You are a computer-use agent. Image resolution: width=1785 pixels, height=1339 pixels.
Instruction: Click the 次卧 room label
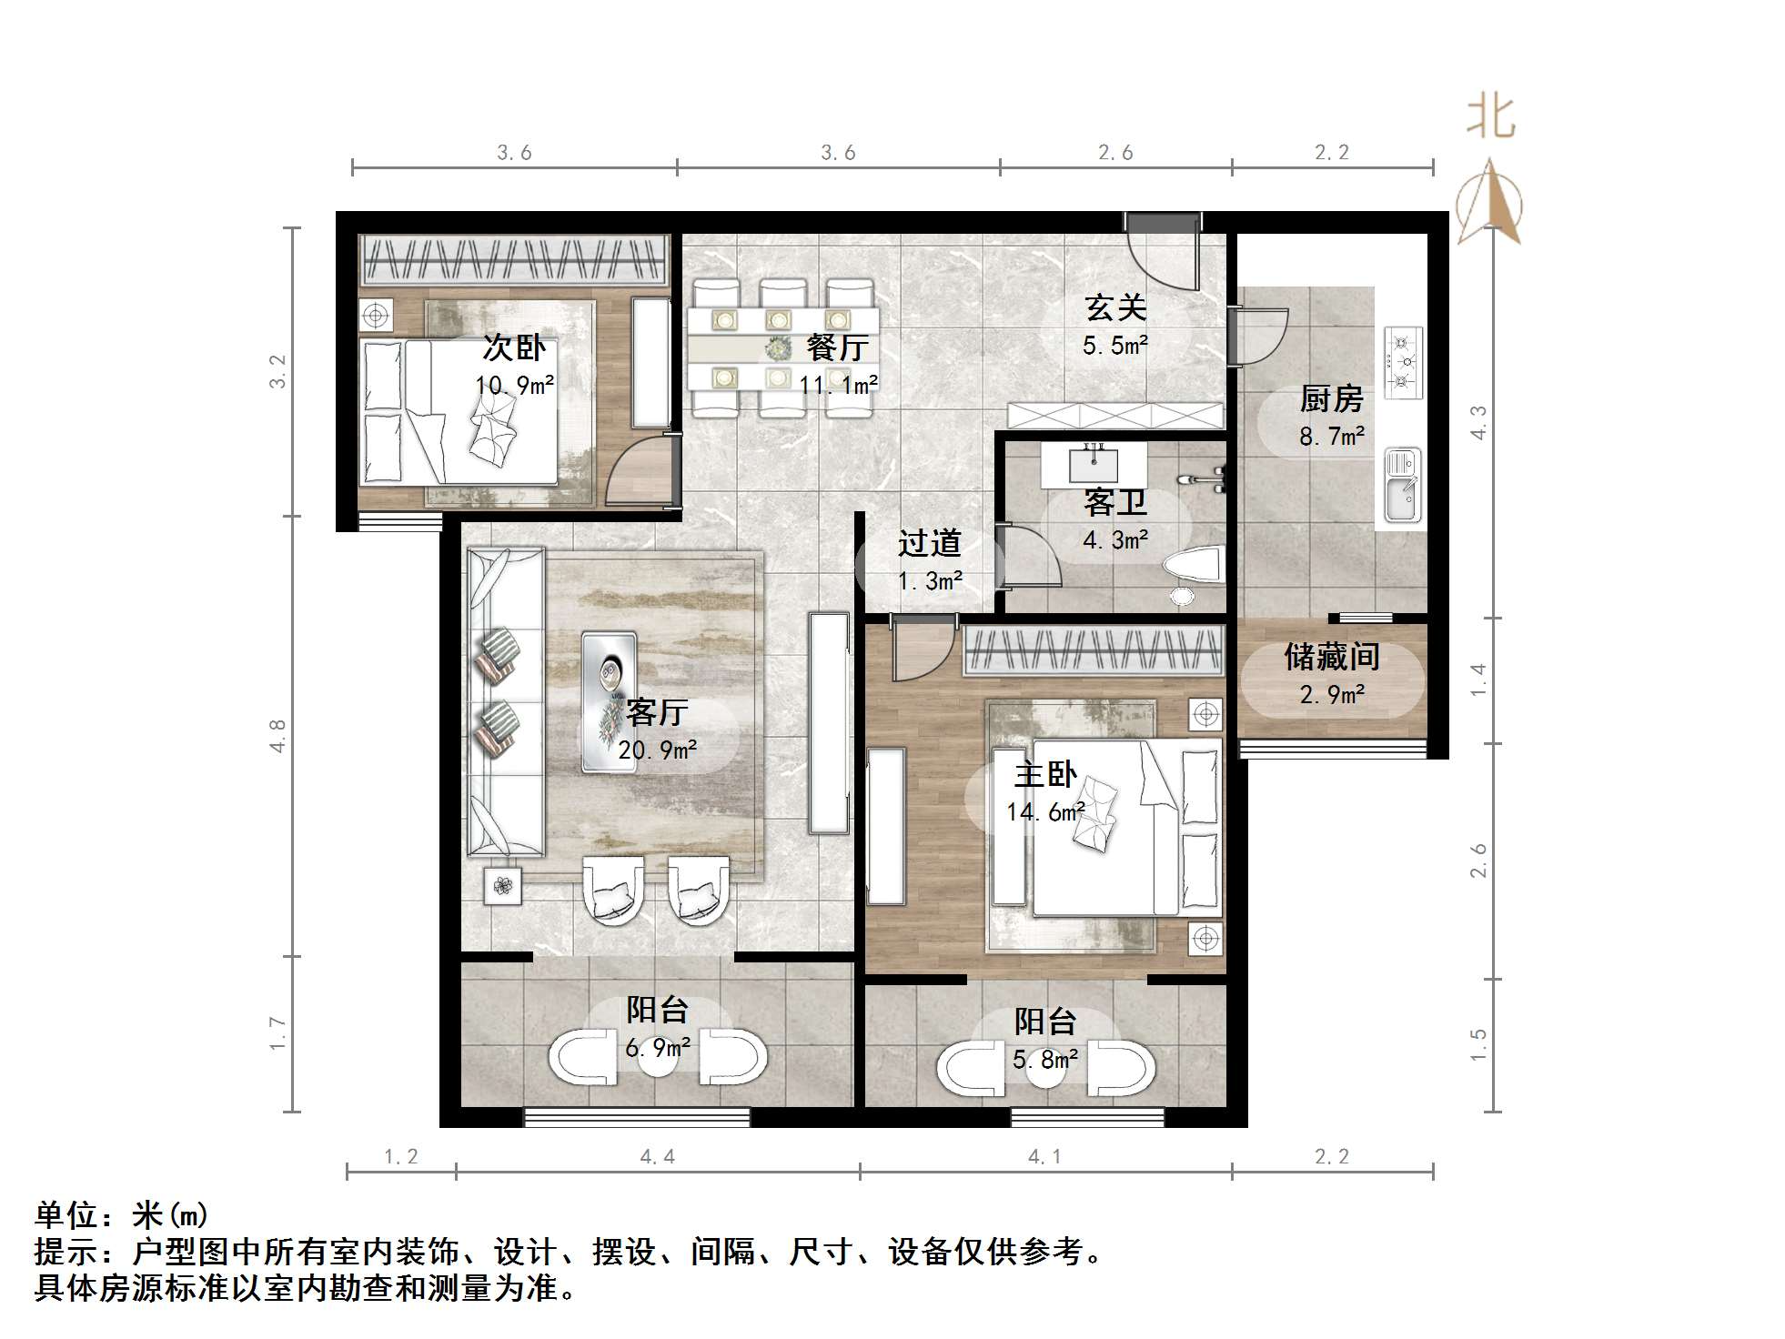click(514, 347)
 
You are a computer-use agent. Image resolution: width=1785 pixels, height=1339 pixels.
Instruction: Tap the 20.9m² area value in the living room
click(657, 750)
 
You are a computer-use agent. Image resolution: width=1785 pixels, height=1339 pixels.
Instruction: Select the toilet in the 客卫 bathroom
click(1193, 567)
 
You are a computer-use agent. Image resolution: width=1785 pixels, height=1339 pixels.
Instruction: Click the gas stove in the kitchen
click(1402, 363)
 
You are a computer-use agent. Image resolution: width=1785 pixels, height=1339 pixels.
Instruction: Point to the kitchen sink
click(1402, 487)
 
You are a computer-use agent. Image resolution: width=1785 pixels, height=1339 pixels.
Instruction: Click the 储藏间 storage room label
click(1332, 657)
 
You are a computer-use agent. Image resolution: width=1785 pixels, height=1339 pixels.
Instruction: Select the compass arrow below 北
click(1489, 205)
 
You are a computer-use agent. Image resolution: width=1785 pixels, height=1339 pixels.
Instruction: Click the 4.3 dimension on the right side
click(1479, 423)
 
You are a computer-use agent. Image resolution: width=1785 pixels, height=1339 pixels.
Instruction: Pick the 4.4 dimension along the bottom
click(657, 1157)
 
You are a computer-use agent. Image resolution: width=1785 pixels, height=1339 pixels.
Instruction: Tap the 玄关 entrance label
click(1115, 308)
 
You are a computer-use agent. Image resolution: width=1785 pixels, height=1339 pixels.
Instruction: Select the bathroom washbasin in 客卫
click(1093, 465)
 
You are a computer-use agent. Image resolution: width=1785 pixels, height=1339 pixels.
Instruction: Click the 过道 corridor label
click(929, 544)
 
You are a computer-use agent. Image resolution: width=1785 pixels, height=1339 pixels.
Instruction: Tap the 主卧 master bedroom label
click(1045, 775)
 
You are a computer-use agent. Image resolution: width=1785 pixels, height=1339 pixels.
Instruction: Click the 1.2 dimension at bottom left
click(400, 1157)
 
